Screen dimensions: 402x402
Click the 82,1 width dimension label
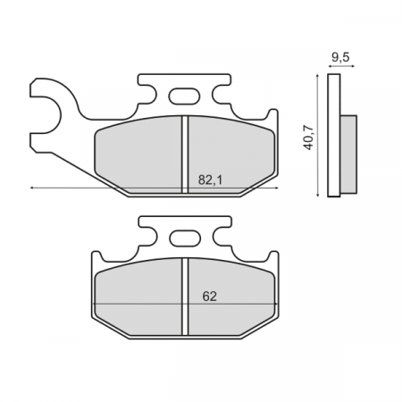210,180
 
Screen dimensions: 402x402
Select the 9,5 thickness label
340,58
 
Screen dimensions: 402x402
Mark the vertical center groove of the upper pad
184,152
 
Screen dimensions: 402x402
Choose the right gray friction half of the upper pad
223,147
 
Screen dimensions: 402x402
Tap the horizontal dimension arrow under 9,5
339,68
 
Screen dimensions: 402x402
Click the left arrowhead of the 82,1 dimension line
33,188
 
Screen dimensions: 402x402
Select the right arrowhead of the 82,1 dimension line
272,188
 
